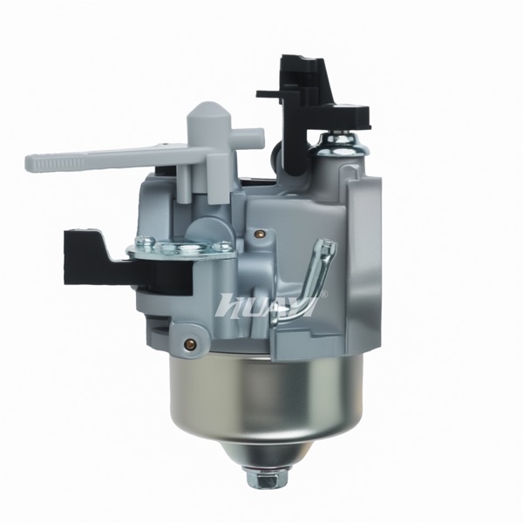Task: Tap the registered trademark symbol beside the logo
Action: point(323,294)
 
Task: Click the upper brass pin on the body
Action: point(258,234)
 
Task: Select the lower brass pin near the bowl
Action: point(189,342)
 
